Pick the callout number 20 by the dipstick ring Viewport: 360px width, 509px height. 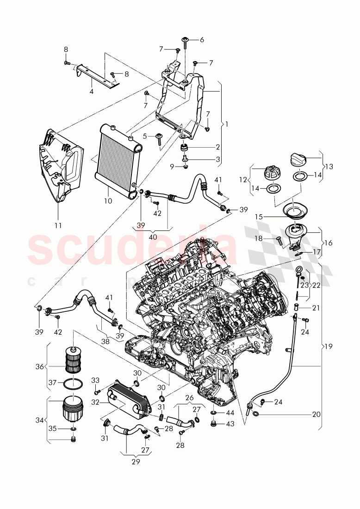316,415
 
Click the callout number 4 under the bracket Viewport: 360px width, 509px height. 91,92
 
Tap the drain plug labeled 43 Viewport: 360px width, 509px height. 214,423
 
